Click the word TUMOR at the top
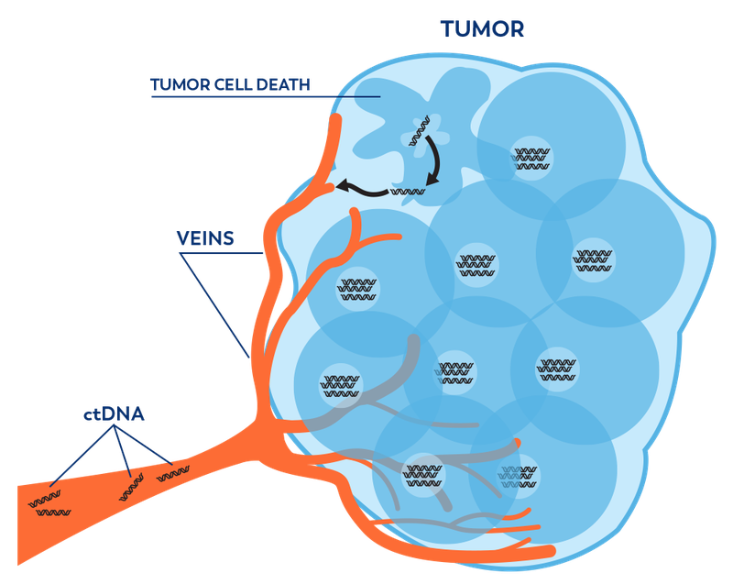[482, 28]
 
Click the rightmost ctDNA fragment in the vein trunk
[173, 474]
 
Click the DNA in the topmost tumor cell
[529, 155]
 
